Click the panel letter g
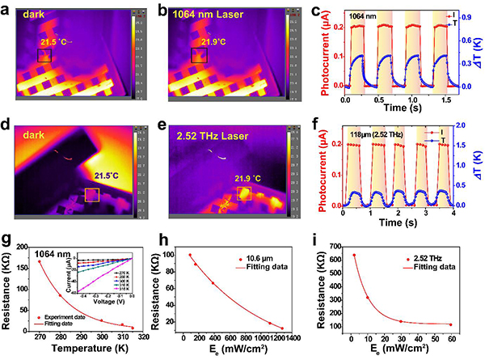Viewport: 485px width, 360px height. click(7, 240)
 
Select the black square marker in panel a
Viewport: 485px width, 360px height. click(44, 55)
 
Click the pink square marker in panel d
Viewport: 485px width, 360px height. click(92, 195)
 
